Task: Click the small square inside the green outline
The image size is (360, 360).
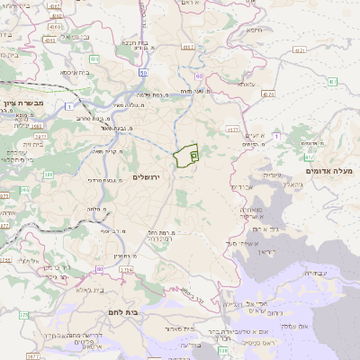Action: (194, 155)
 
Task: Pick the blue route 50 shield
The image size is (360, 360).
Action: (143, 73)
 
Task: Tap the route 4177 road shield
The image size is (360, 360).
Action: (232, 130)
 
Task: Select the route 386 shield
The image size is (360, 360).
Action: (23, 190)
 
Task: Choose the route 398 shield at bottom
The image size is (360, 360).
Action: (222, 350)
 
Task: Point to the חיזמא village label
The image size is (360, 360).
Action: (255, 30)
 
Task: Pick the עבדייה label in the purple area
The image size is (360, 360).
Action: (317, 273)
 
